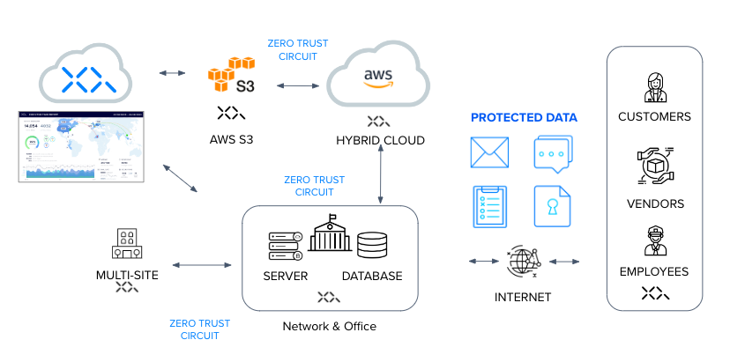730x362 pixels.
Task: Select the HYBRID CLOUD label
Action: tap(380, 141)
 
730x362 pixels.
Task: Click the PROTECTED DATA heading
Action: tap(524, 117)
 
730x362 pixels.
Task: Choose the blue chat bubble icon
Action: tap(553, 153)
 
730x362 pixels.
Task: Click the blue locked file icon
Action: tap(553, 206)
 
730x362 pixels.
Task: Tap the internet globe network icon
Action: tap(523, 262)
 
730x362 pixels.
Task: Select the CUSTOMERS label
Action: tap(654, 116)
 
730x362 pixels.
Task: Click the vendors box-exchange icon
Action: tap(654, 166)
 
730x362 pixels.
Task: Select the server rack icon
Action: tap(285, 247)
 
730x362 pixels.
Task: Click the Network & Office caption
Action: tap(329, 327)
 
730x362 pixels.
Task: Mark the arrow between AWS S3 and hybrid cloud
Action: tap(297, 85)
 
